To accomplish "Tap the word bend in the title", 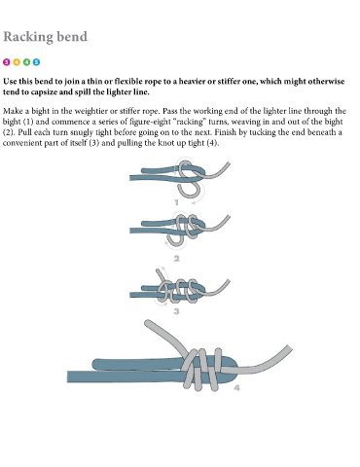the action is point(72,36).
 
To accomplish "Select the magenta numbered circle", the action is point(7,62).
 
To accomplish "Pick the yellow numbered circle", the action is point(17,62).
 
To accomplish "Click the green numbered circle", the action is point(26,62).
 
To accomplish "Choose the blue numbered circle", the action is point(36,62).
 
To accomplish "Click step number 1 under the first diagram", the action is point(177,202).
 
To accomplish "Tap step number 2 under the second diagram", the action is point(177,259).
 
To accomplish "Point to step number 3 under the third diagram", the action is point(177,311).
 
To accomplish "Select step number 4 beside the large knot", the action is point(237,388).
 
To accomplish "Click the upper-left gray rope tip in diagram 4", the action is point(149,324).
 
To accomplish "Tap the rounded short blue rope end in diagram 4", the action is point(96,364).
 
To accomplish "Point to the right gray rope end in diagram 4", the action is point(289,348).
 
